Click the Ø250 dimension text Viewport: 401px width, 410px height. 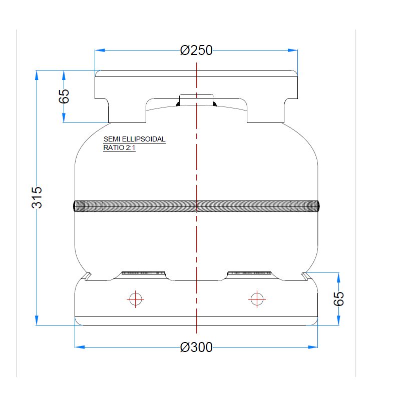[196, 50]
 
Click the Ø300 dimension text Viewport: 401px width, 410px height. [196, 346]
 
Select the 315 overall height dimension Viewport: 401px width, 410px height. [37, 197]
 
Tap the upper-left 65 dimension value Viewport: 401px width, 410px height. [64, 96]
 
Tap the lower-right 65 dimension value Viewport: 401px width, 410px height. [339, 299]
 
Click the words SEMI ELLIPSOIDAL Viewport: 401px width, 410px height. [134, 139]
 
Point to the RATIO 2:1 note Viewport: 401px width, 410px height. [119, 147]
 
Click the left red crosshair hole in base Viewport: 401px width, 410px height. [136, 299]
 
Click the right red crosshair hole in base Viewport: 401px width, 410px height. [257, 299]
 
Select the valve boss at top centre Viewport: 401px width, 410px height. [196, 99]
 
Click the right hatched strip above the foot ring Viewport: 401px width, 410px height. [249, 273]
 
